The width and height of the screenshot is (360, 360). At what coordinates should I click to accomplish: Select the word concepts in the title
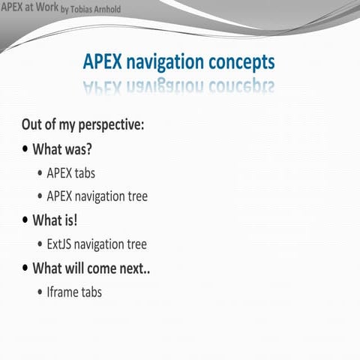click(238, 62)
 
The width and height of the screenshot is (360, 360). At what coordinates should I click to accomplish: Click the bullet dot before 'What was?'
click(25, 148)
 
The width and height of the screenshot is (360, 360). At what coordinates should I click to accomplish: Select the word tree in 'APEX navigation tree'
click(136, 196)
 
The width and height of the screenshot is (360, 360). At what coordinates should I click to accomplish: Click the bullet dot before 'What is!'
click(25, 220)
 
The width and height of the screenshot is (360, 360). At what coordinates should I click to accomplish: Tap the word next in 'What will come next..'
click(132, 268)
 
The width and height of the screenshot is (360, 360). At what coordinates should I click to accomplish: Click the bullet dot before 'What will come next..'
click(25, 268)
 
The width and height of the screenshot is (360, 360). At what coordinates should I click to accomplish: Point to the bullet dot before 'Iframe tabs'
click(40, 292)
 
